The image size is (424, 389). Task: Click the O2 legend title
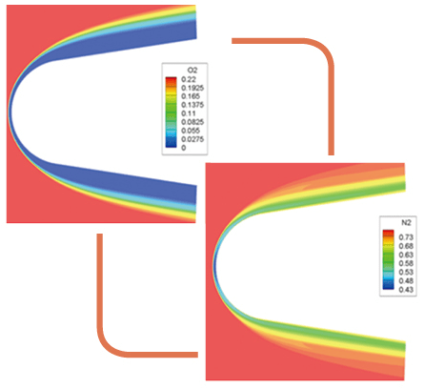click(192, 71)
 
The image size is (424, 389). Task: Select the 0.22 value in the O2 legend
click(189, 79)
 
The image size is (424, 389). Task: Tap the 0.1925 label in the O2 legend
click(192, 88)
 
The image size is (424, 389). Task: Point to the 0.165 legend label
click(191, 96)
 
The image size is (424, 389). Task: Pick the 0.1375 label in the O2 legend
click(192, 105)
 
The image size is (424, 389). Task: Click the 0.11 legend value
click(189, 113)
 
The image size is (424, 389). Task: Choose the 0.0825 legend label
click(192, 122)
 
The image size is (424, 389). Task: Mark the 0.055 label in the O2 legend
click(191, 131)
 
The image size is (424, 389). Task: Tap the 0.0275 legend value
click(192, 139)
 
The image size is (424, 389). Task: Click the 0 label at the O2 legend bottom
click(184, 148)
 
